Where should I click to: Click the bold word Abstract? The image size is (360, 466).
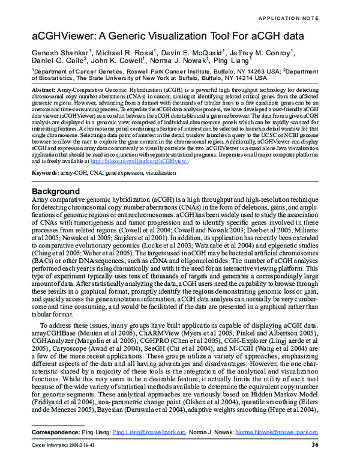point(46,88)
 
